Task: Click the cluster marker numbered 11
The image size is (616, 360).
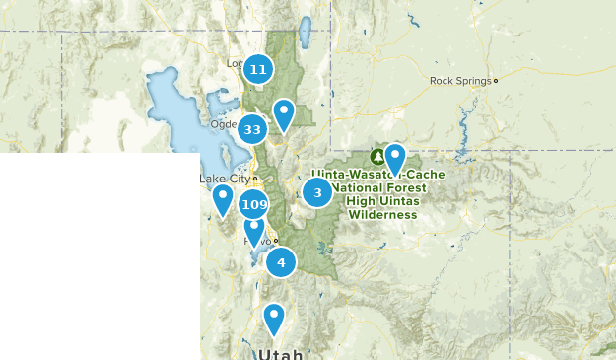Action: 258,69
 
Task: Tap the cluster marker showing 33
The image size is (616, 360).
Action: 252,129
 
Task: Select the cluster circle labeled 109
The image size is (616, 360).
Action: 253,205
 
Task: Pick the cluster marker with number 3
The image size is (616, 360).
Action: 317,192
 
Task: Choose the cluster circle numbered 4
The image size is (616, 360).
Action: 281,262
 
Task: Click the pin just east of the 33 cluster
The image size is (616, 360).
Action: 284,113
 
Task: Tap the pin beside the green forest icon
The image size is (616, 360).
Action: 395,157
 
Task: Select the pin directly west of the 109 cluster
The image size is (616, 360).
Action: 223,198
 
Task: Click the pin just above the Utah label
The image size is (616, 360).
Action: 273,318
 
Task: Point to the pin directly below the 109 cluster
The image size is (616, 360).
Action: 254,231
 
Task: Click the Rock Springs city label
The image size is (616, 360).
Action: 460,81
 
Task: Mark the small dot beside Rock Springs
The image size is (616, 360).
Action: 496,81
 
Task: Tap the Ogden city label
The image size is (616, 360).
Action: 223,124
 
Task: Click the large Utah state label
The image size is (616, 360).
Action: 280,353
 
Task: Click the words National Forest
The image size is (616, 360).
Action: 379,187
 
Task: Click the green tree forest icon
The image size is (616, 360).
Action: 377,157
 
